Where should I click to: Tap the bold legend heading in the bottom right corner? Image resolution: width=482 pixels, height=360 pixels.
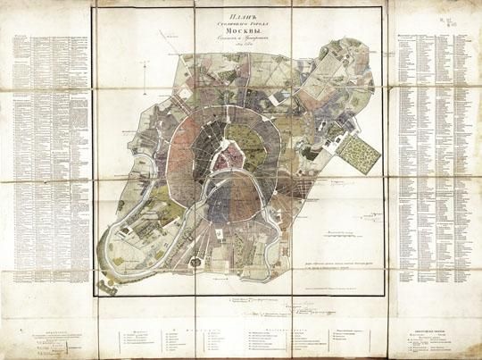(x=428, y=329)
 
